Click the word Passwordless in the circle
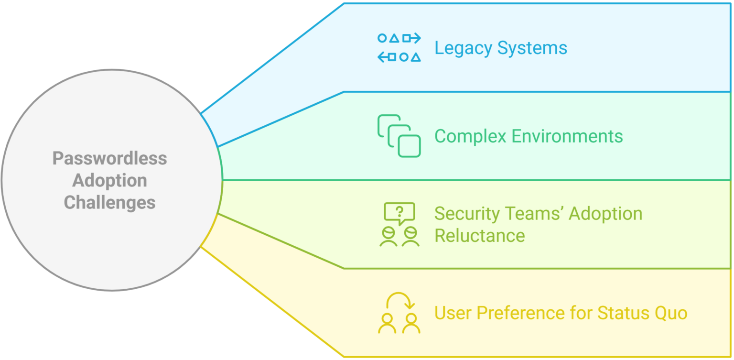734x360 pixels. [109, 158]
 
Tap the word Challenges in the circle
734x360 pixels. [109, 202]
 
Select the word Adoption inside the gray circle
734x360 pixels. [109, 180]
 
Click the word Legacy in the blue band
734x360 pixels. [463, 48]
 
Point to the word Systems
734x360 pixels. [532, 48]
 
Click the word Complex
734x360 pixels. [470, 136]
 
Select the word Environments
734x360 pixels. [567, 136]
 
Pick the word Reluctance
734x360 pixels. [479, 236]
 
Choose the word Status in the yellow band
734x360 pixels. [622, 313]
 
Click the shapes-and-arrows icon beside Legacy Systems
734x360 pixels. [399, 48]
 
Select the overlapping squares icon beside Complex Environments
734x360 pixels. [399, 136]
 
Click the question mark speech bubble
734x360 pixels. [400, 213]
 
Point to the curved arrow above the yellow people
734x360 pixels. [399, 300]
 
